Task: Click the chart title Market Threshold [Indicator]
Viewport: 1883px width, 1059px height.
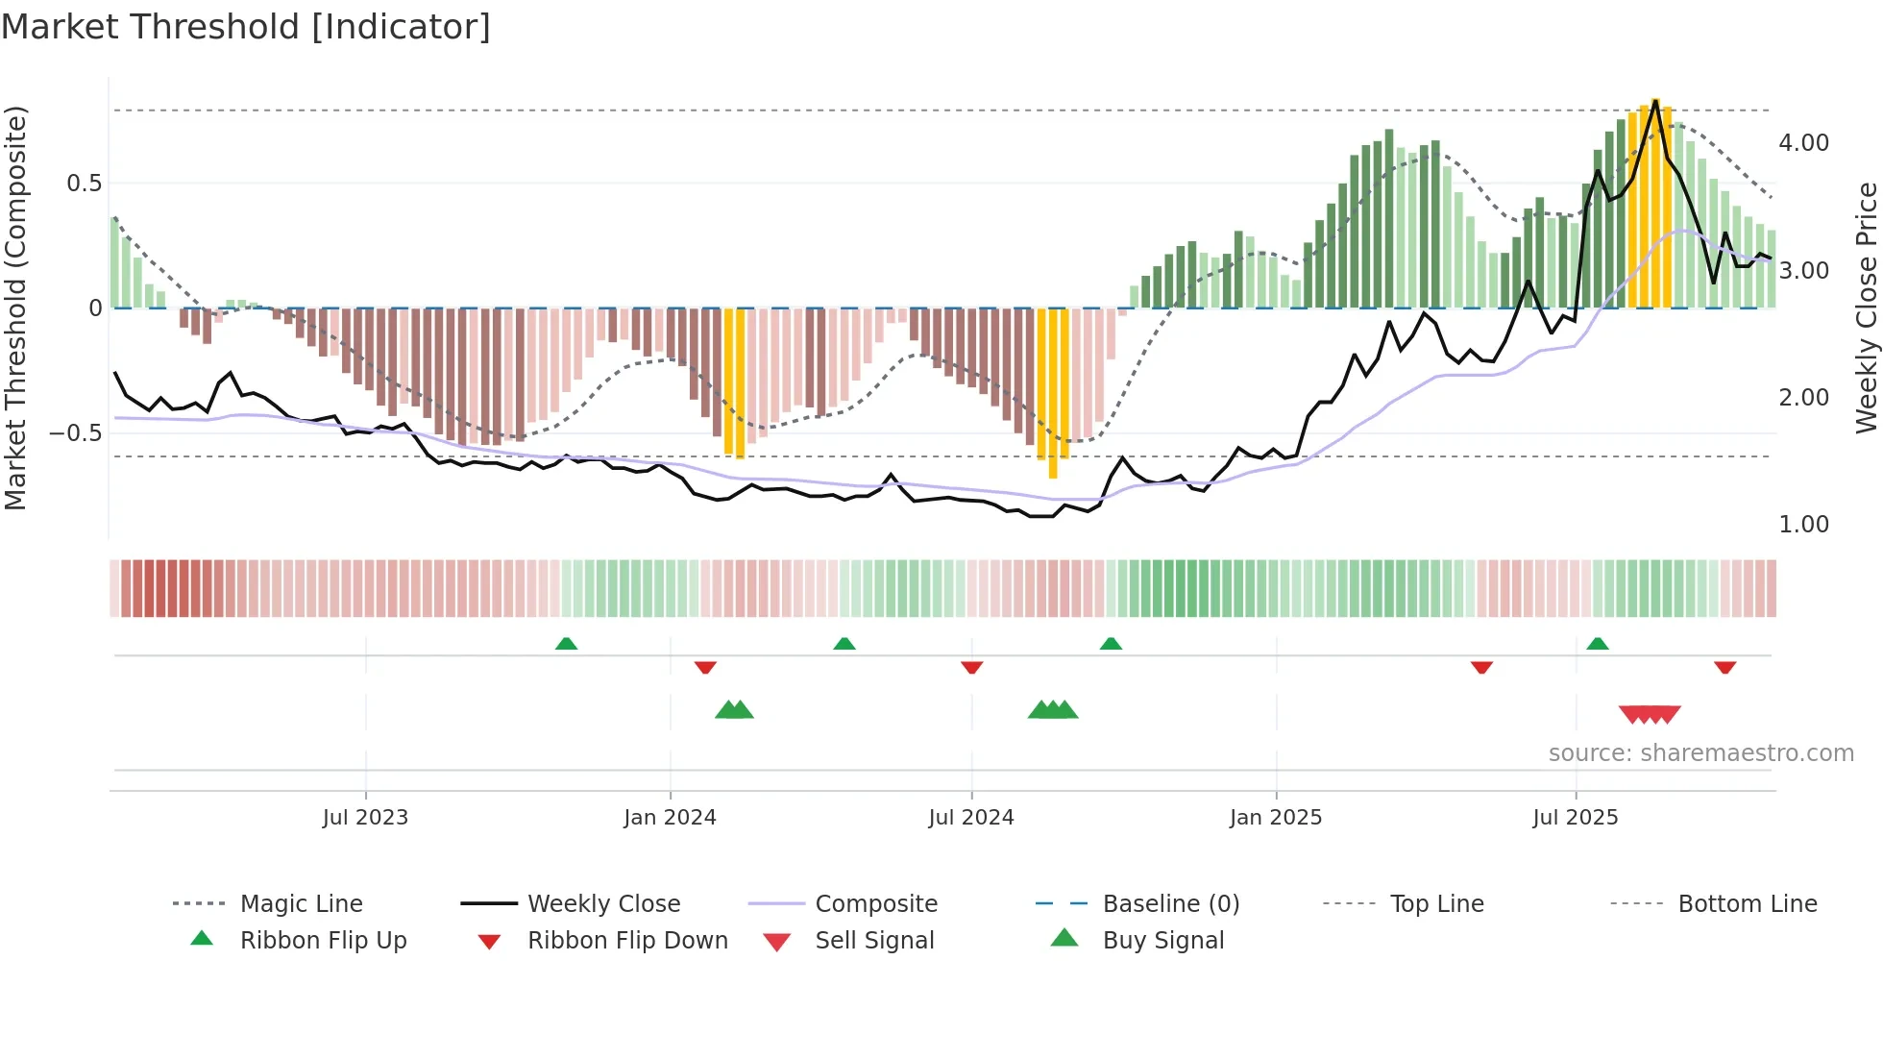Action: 246,27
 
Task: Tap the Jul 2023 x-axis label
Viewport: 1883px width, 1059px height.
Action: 365,818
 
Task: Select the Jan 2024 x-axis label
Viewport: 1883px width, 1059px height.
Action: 670,818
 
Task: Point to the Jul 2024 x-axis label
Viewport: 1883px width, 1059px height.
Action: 971,818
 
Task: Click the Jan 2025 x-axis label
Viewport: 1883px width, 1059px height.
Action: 1276,818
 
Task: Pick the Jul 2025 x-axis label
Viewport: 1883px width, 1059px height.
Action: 1576,818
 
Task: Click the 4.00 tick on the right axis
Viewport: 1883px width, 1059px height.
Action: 1803,143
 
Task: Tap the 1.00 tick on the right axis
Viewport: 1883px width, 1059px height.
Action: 1803,525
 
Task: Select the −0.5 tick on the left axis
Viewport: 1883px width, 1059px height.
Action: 75,433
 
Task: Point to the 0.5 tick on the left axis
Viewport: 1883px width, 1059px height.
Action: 84,184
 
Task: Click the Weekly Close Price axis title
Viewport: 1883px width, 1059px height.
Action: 1866,308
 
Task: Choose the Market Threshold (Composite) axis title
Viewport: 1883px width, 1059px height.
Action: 15,308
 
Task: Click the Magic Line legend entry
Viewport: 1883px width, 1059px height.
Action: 301,904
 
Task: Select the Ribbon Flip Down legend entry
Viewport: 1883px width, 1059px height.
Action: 627,941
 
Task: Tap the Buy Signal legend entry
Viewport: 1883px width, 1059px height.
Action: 1162,941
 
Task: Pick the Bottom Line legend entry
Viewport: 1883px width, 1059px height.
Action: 1747,904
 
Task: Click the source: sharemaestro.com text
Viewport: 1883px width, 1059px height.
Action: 1700,753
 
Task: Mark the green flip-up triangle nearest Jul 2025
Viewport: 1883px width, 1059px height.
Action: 1598,644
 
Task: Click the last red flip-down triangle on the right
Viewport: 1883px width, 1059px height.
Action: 1724,667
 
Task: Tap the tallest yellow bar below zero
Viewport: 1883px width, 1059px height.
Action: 1053,394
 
